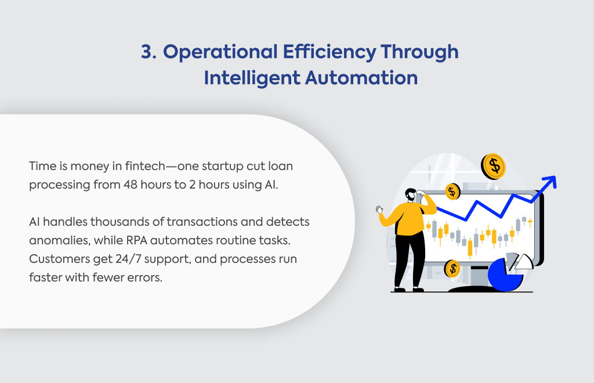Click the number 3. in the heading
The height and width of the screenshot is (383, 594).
(148, 52)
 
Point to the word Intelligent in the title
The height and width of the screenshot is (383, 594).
(252, 78)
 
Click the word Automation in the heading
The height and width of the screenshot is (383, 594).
(361, 78)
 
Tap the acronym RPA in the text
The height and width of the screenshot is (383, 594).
(137, 240)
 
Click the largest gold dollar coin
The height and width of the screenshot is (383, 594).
(493, 167)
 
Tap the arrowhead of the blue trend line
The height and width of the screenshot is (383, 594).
(550, 182)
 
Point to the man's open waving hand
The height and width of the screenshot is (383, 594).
(379, 210)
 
